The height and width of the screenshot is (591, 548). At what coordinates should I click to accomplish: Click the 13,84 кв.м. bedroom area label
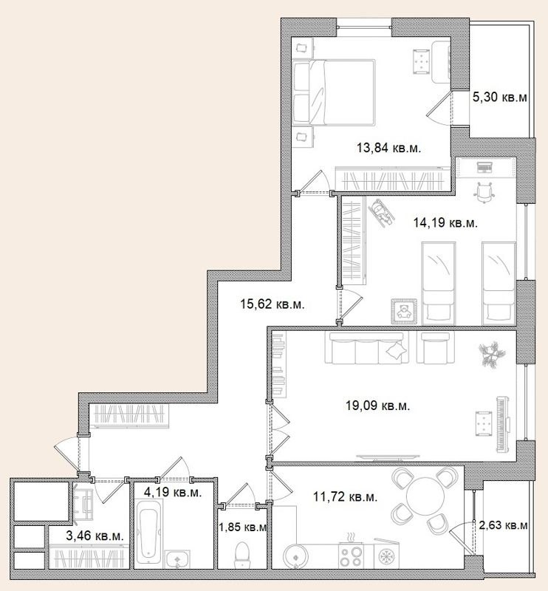(388, 148)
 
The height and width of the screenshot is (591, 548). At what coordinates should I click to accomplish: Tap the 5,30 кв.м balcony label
(500, 96)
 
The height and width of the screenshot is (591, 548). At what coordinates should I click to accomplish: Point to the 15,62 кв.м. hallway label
(273, 302)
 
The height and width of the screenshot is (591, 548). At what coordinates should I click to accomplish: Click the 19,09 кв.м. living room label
(377, 405)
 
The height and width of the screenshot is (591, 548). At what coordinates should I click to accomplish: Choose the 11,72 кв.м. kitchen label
(346, 497)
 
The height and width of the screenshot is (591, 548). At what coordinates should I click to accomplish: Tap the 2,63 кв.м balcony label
(503, 526)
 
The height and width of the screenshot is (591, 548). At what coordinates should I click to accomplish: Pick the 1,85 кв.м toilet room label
(243, 527)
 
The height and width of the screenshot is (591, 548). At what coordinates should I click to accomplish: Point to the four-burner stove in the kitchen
(352, 555)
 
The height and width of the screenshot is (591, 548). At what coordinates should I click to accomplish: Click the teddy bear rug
(405, 311)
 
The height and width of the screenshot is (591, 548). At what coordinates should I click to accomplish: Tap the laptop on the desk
(485, 167)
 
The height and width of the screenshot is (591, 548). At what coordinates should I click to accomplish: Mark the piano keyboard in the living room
(506, 425)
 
